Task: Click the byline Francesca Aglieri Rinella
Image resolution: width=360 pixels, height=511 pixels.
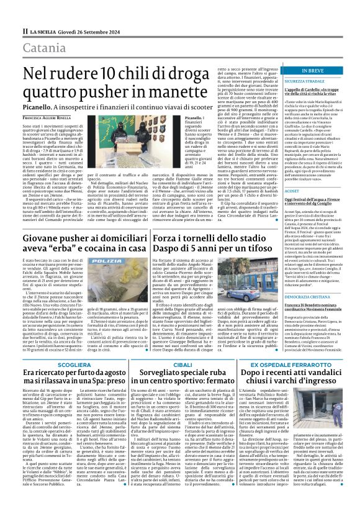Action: click(47, 117)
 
